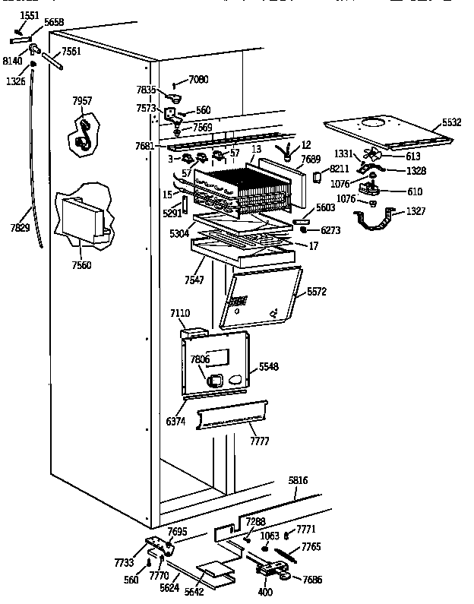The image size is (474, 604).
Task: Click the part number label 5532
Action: click(453, 122)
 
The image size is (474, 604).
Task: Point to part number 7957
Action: click(82, 101)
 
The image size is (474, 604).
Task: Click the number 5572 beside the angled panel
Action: click(317, 291)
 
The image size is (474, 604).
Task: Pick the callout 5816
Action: click(299, 481)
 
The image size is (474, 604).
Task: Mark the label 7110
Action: click(181, 313)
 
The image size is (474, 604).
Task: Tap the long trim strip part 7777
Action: click(232, 416)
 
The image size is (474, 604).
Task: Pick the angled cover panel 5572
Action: click(258, 296)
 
